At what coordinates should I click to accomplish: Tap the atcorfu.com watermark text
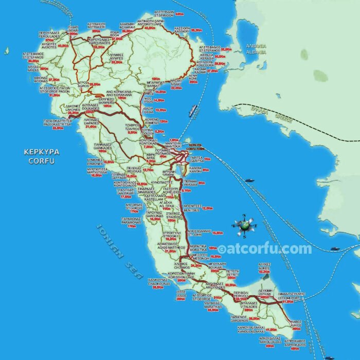click(264, 249)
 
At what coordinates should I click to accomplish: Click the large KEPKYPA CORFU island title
click(42, 156)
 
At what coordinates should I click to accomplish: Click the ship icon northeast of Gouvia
click(193, 110)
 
